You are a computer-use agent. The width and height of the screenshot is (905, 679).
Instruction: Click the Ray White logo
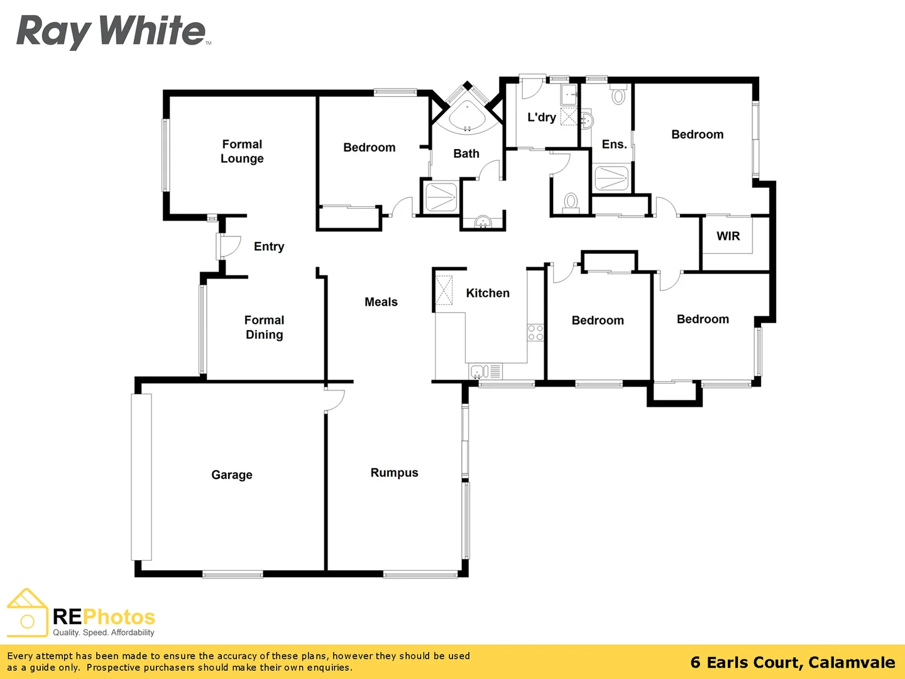click(112, 31)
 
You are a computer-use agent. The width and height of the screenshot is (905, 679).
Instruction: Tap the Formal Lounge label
click(242, 152)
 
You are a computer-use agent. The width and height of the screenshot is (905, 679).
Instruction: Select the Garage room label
click(231, 475)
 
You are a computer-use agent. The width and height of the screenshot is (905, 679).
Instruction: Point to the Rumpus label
click(394, 473)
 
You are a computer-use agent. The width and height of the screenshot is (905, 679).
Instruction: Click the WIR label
click(728, 236)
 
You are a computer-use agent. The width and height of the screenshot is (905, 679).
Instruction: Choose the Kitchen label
click(488, 293)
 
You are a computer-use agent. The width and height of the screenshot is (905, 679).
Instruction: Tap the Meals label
click(381, 302)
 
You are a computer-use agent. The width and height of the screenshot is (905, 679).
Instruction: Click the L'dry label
click(541, 118)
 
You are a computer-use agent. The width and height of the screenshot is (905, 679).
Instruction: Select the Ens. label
click(614, 145)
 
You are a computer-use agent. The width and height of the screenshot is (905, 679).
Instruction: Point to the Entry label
click(269, 246)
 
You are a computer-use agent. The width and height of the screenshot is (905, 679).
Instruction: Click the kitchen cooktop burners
click(535, 333)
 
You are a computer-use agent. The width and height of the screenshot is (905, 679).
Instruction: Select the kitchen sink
click(479, 372)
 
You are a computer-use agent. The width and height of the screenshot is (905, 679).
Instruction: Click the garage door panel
click(141, 477)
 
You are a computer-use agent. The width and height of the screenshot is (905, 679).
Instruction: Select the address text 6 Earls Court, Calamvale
click(793, 663)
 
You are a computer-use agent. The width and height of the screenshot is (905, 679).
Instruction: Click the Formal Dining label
click(264, 328)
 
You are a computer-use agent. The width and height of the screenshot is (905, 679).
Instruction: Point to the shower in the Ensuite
click(611, 179)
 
